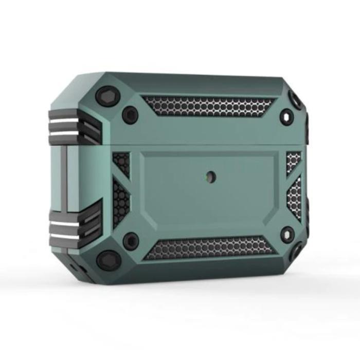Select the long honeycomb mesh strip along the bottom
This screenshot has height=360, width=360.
click(211, 247)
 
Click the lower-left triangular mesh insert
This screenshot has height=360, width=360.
click(121, 202)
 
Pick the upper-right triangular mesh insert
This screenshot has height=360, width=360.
click(294, 162)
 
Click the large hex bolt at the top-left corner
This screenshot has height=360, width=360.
click(107, 96)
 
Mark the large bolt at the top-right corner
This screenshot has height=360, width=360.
click(296, 101)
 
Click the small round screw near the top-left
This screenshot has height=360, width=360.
click(131, 115)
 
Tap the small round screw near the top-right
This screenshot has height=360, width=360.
click(286, 117)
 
